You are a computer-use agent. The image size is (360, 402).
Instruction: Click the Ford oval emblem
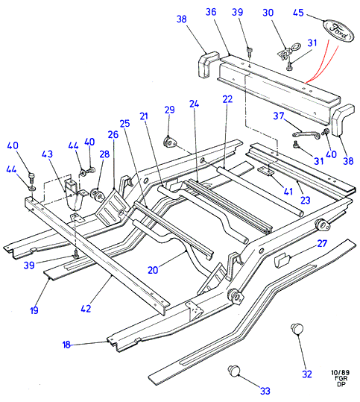point(338,31)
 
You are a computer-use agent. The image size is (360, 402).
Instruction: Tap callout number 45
point(298,13)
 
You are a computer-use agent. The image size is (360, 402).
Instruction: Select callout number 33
point(265,391)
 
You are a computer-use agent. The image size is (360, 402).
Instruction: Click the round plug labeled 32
point(297,329)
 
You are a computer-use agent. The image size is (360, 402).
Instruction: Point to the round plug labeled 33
point(234,371)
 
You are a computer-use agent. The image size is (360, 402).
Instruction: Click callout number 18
point(66,345)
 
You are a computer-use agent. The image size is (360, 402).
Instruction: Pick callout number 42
point(86,309)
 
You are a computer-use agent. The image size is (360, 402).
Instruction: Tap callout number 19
point(34,310)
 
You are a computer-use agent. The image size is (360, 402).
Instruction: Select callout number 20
point(153,270)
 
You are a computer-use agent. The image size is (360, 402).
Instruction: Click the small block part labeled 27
point(282,260)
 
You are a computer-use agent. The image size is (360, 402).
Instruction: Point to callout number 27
point(322,243)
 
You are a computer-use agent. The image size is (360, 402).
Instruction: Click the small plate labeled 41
point(265,172)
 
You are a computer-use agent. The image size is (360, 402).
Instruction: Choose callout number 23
point(305,200)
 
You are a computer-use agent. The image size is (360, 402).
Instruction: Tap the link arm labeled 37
point(306,134)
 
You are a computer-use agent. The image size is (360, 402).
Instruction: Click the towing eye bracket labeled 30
point(288,51)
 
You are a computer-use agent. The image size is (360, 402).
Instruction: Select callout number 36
point(211,11)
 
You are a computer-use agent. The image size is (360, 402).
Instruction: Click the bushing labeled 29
point(169,142)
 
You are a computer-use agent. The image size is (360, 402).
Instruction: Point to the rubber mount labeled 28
point(97,195)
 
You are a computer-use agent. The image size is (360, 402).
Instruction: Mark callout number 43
point(47,154)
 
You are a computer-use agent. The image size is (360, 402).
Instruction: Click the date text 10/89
point(341,372)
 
